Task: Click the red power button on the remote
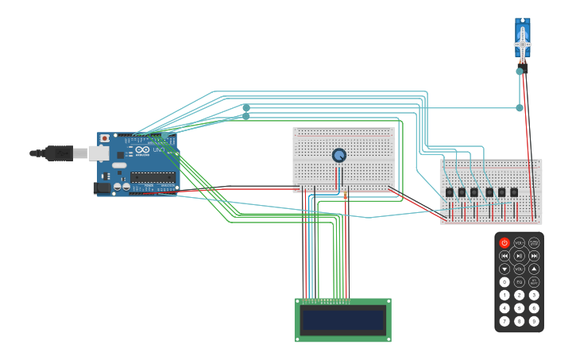504,243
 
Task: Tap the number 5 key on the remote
520,308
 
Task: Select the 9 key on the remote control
534,321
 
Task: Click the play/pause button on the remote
520,256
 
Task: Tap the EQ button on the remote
520,282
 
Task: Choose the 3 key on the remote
534,295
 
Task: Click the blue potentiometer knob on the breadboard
339,155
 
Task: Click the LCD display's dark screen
343,320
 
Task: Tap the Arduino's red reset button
105,138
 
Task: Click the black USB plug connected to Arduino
60,153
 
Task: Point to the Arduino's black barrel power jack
102,188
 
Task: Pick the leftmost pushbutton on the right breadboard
450,192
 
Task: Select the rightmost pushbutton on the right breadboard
514,192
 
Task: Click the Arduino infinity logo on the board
142,149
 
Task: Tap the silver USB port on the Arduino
99,153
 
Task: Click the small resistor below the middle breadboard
346,195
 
